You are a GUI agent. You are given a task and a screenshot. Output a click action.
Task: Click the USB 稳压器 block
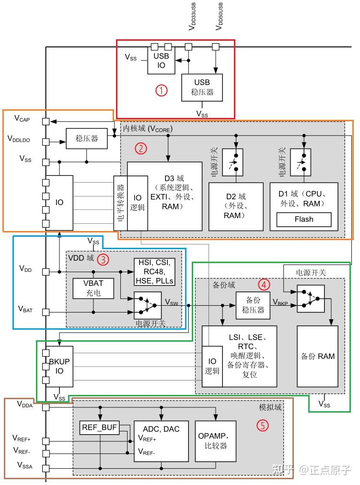(x=202, y=87)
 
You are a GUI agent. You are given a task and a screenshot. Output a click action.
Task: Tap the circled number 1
(x=163, y=90)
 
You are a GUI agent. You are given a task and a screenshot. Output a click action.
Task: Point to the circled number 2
(x=140, y=148)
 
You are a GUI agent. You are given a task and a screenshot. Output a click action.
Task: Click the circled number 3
(x=103, y=259)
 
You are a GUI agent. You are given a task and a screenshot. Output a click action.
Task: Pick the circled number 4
(x=264, y=284)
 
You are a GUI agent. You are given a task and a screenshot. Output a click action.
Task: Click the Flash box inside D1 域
(x=303, y=219)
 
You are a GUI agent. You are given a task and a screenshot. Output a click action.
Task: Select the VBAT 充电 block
(x=93, y=287)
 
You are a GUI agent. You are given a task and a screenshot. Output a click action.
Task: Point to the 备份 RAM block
(x=317, y=356)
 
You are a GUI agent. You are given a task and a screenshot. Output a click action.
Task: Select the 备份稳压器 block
(x=253, y=305)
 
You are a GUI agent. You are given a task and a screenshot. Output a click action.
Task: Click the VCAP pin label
(x=22, y=118)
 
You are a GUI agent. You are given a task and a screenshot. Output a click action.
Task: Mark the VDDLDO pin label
(x=20, y=139)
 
